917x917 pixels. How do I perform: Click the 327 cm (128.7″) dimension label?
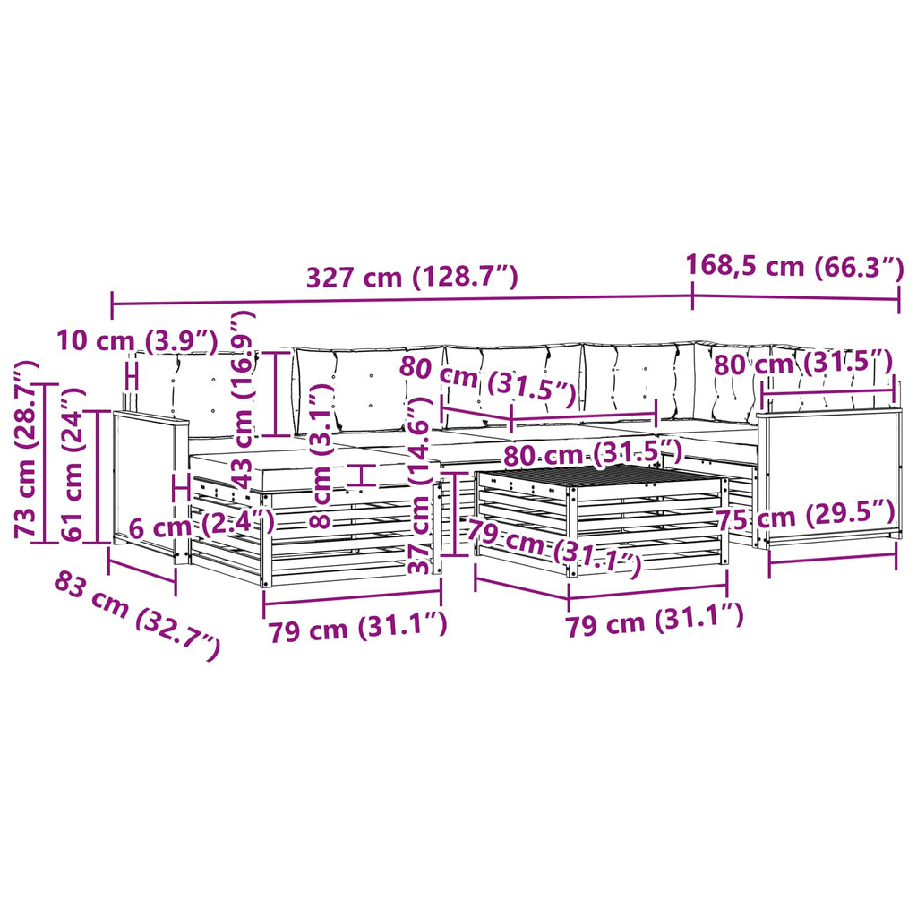click(x=412, y=277)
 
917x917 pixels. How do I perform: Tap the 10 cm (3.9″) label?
click(x=137, y=339)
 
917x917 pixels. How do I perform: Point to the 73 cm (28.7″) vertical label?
click(x=27, y=450)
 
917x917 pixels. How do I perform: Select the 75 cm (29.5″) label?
click(x=806, y=515)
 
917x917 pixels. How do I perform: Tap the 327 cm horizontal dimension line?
click(x=402, y=300)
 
